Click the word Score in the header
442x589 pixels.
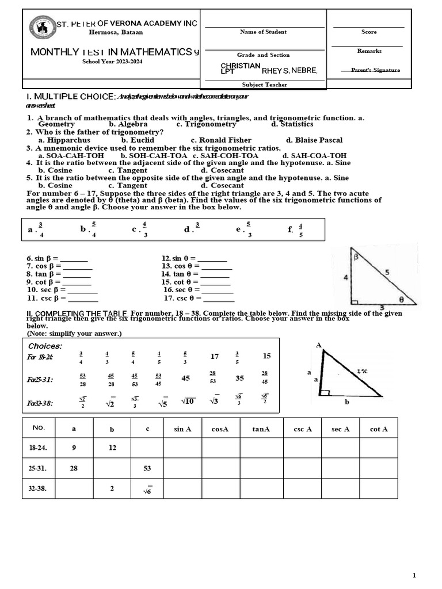coord(369,32)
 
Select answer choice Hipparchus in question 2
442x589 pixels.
coord(64,140)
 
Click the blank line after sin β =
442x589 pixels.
coord(74,259)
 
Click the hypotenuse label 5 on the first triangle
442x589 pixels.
coord(387,271)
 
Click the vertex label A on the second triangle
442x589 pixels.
coord(319,345)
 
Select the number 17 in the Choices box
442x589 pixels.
coord(215,357)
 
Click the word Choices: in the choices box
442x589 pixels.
coord(45,346)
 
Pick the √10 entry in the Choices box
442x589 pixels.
coord(187,401)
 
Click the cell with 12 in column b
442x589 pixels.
coord(112,448)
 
